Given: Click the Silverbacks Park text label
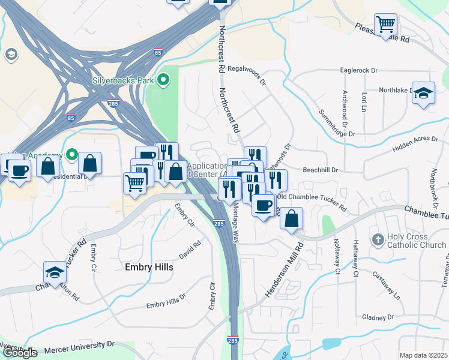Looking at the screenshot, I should [x=123, y=80].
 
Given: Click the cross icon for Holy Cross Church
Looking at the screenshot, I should [x=377, y=239].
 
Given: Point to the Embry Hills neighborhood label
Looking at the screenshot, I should [x=149, y=267].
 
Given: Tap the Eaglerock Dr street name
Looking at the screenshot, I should [x=358, y=70].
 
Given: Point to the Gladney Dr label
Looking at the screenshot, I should [x=378, y=317].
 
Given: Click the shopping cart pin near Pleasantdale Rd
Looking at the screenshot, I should [x=385, y=25].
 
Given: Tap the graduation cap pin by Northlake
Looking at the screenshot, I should [x=423, y=93].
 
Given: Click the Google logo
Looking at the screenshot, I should [x=20, y=353].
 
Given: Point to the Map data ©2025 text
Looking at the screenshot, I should [x=423, y=355].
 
